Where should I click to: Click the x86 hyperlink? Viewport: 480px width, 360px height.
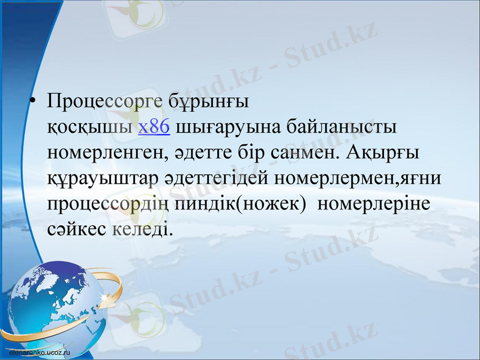[154, 127]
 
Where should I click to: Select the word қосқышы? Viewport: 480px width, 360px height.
[90, 127]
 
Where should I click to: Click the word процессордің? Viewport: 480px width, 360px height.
[110, 204]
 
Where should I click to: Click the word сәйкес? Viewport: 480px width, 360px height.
[77, 229]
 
